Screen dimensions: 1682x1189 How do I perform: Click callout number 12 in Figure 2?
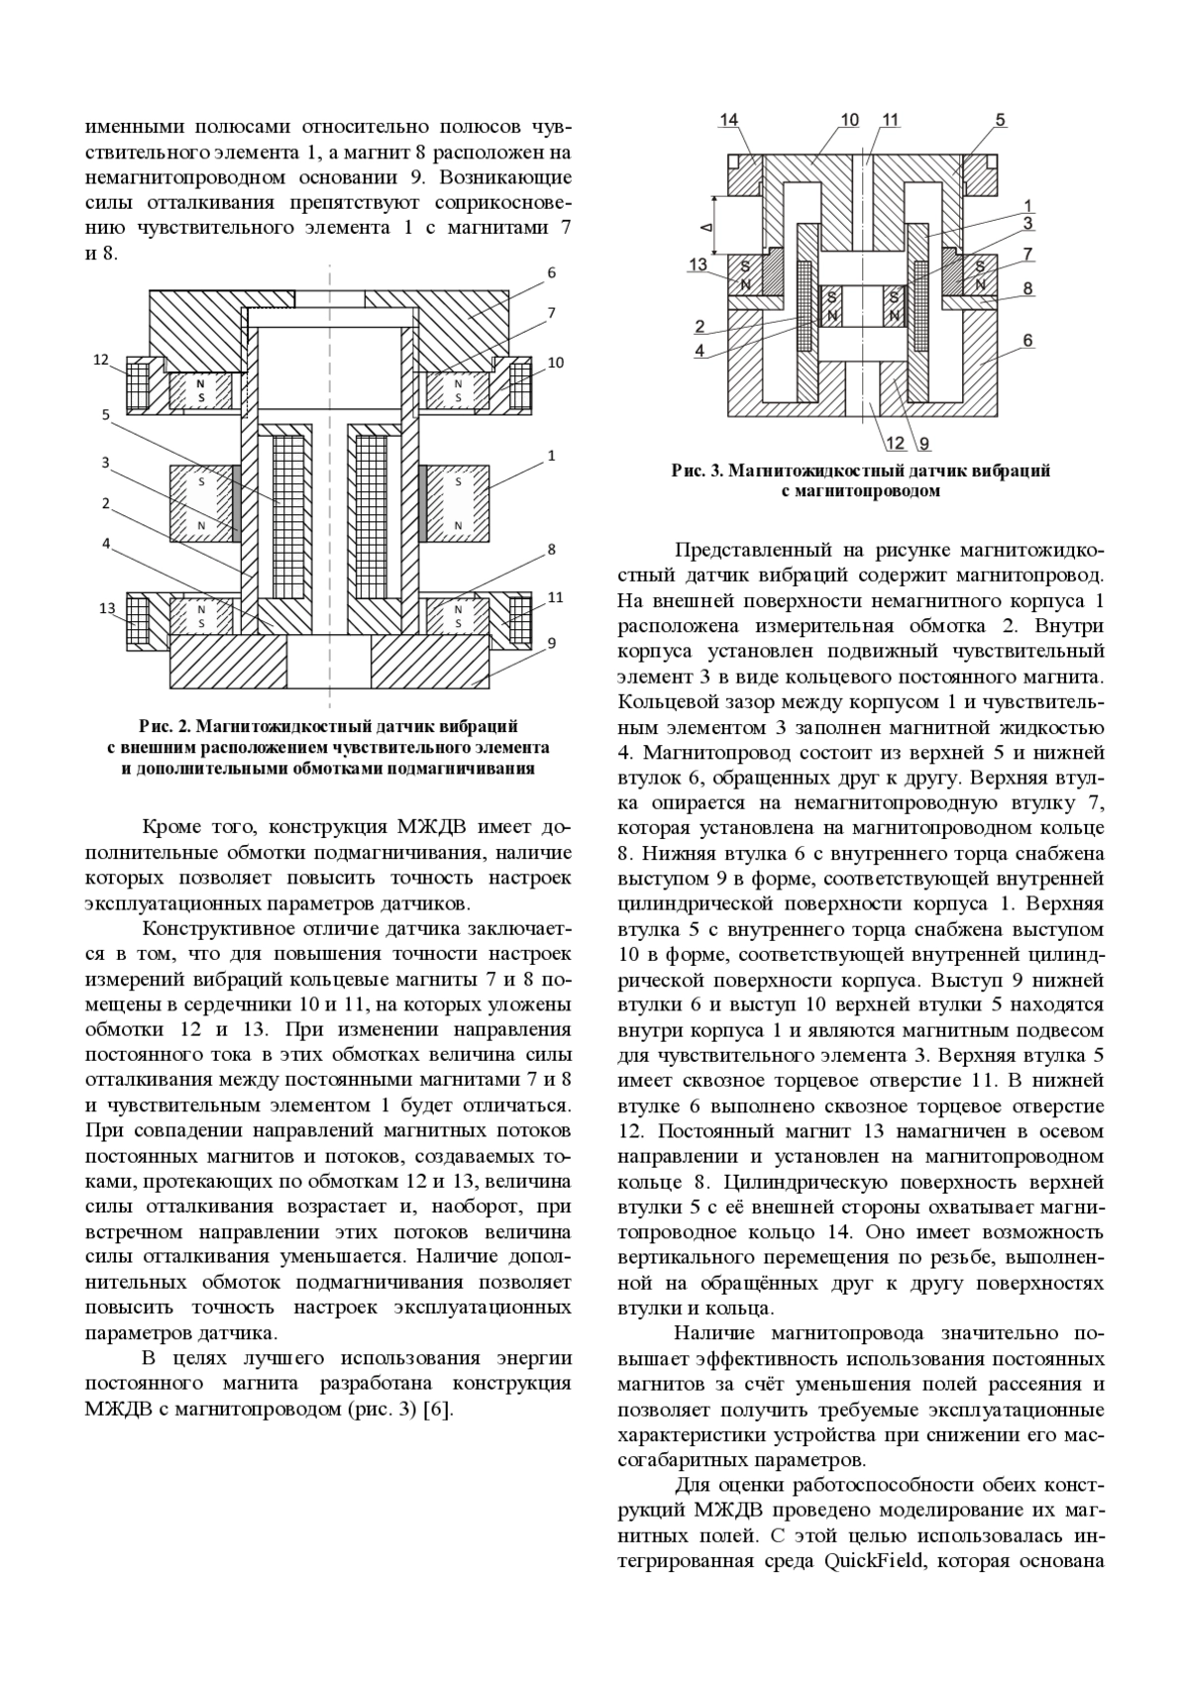click(x=101, y=360)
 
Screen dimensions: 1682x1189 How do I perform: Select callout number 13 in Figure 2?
click(x=109, y=607)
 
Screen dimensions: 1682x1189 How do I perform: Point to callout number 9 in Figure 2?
click(x=551, y=643)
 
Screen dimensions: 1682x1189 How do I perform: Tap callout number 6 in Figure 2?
click(x=551, y=272)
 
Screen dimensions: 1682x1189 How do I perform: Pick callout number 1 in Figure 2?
click(x=551, y=456)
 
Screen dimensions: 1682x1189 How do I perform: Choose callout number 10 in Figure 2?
click(x=555, y=363)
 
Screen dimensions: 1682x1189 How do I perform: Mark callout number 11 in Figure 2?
click(x=555, y=597)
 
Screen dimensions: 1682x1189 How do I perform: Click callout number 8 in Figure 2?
click(x=551, y=548)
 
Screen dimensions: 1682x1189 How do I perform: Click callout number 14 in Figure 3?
click(x=729, y=120)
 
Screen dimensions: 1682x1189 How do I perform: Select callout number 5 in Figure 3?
click(x=1001, y=120)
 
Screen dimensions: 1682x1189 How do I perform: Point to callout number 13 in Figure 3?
click(x=700, y=264)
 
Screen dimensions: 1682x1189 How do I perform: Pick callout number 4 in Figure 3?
click(x=700, y=350)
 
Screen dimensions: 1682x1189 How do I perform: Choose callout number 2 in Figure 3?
click(x=700, y=326)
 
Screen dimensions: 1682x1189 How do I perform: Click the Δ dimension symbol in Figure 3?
click(x=705, y=227)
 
